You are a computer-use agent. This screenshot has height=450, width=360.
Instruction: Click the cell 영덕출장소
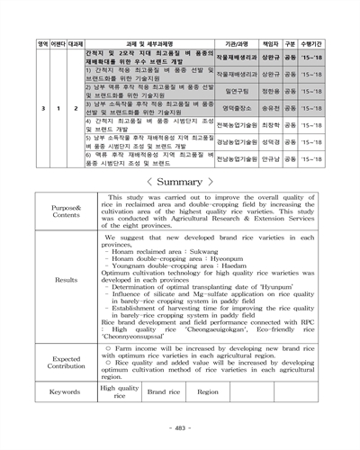tap(236, 107)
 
